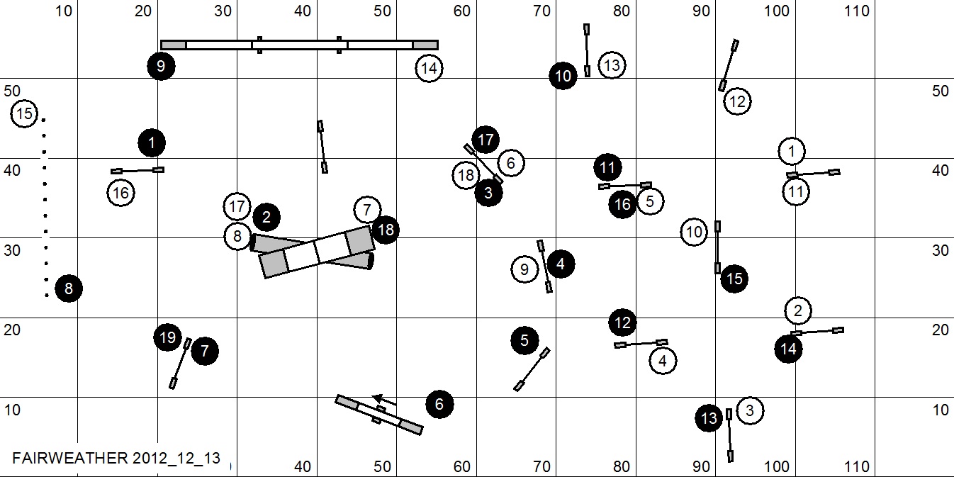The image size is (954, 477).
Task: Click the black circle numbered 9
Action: tap(161, 66)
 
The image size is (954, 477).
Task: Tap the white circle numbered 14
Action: tap(429, 69)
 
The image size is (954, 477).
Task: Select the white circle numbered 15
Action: tap(24, 113)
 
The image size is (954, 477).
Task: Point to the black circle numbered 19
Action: tap(167, 337)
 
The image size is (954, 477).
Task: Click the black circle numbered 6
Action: tap(439, 405)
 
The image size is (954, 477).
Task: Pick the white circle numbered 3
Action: tap(751, 410)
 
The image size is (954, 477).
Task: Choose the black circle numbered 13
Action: tap(709, 418)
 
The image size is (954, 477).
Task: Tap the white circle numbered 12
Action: tap(737, 101)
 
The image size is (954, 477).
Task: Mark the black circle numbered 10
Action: tap(563, 76)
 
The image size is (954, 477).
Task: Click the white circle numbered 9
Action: tap(524, 269)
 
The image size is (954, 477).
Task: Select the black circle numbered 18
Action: tap(386, 230)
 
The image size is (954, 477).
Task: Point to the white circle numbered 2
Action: tap(798, 310)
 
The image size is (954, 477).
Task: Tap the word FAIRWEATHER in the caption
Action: tap(69, 458)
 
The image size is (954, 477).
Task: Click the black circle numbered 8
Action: tap(69, 288)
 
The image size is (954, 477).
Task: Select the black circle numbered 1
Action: tap(152, 143)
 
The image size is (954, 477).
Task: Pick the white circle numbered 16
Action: tap(121, 193)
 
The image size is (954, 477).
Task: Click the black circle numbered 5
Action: tap(524, 341)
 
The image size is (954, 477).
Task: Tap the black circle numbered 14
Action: tap(789, 349)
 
